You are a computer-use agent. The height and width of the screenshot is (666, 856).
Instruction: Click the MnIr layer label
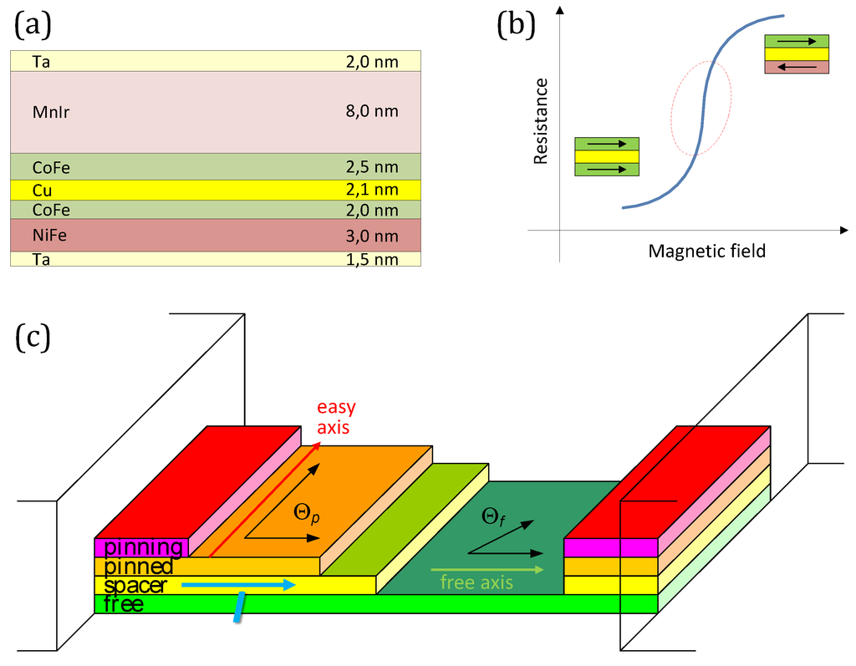[x=51, y=111]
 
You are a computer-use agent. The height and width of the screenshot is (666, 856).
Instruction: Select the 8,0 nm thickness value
[x=372, y=111]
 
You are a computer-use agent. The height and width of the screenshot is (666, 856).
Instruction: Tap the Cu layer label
[x=42, y=191]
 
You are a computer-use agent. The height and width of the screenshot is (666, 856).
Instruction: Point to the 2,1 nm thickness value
[x=372, y=191]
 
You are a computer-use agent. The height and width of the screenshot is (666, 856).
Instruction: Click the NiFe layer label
[x=49, y=236]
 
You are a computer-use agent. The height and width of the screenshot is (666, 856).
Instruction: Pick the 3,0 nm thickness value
[x=372, y=236]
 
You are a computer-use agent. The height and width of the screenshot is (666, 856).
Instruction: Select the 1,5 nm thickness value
[x=372, y=259]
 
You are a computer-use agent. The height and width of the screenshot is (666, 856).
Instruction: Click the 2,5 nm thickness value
[x=372, y=167]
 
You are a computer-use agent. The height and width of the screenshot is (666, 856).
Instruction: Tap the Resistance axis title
[x=541, y=121]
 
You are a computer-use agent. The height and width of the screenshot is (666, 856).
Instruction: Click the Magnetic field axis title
[x=706, y=250]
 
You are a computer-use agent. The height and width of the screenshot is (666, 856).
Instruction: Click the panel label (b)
[x=516, y=26]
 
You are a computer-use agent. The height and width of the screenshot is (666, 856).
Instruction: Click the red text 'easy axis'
[x=336, y=417]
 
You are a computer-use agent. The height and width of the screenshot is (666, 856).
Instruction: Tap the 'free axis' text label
[x=476, y=582]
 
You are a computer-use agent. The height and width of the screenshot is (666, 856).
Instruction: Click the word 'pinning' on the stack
[x=143, y=547]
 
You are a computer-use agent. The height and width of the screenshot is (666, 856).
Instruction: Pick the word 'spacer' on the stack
[x=135, y=586]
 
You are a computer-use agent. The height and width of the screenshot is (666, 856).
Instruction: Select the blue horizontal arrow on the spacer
[x=238, y=585]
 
